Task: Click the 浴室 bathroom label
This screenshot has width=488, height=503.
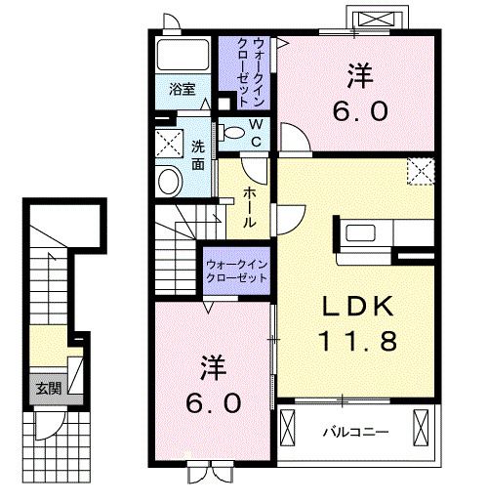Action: (182, 89)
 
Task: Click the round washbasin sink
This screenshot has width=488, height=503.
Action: (169, 181)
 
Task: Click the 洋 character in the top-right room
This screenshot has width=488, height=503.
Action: (357, 72)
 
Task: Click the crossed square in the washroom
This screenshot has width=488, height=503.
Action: (172, 144)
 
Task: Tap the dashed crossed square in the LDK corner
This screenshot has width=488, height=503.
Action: (420, 171)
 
